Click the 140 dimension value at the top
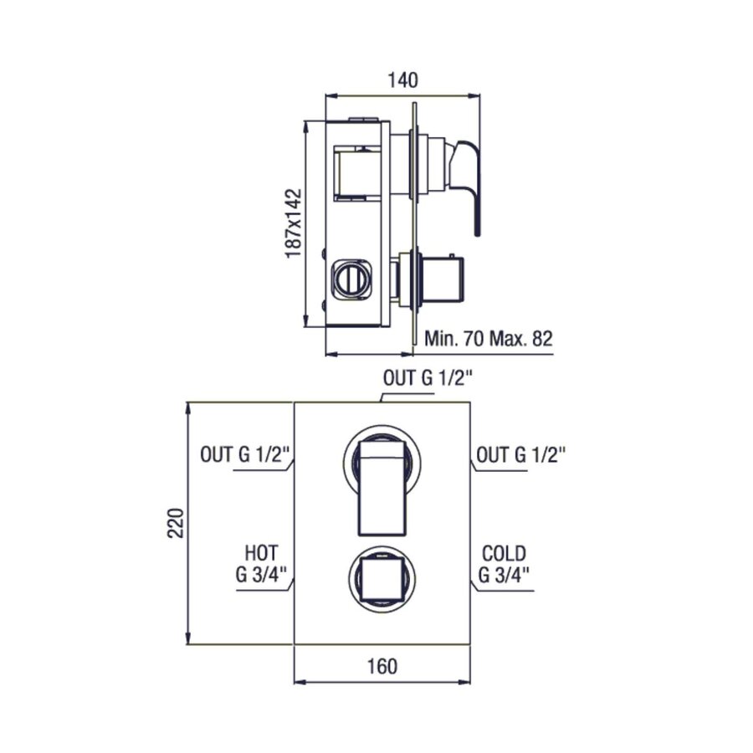[x=402, y=80]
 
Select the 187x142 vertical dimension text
[x=293, y=223]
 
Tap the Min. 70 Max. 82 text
[x=489, y=339]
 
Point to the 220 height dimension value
[x=175, y=524]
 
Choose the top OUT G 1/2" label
[x=428, y=377]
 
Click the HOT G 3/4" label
[x=261, y=563]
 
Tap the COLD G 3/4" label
[x=504, y=563]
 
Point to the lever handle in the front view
[x=382, y=485]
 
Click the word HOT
[x=261, y=553]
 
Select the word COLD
[x=504, y=553]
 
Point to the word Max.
[x=512, y=339]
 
